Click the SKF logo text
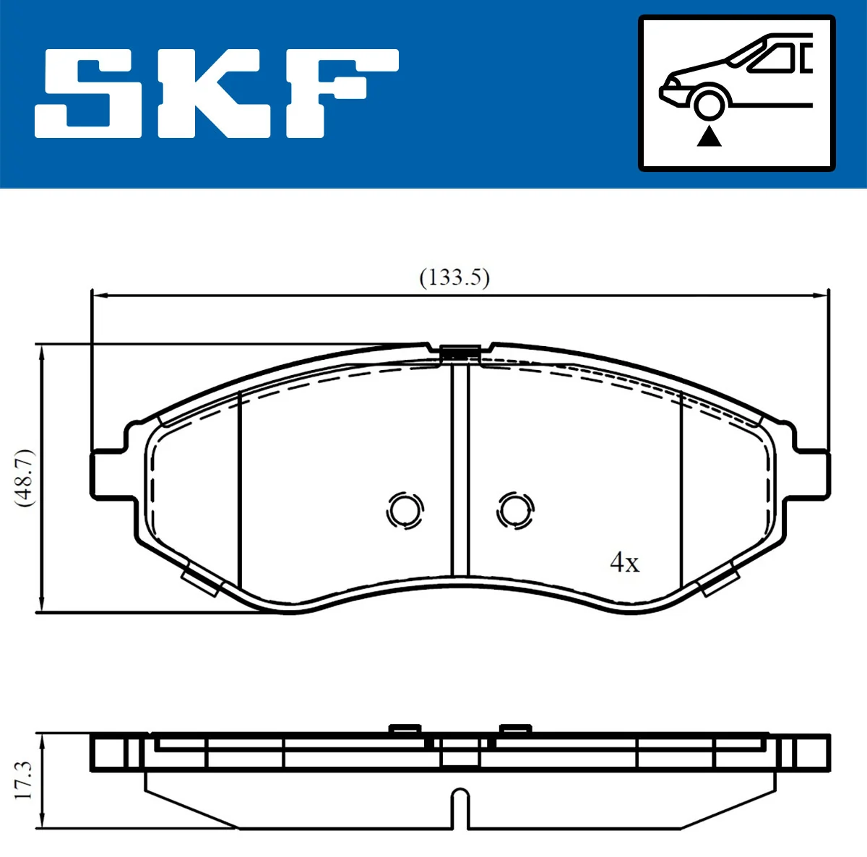tap(217, 94)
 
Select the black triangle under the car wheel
tap(709, 135)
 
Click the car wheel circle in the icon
tap(709, 103)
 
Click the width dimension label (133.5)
tap(454, 277)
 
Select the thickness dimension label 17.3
tap(24, 779)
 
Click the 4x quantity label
tap(625, 562)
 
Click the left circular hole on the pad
tap(405, 511)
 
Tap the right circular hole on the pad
tap(515, 511)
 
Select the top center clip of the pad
tap(460, 353)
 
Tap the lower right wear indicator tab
tap(720, 581)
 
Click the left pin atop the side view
tap(405, 728)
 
